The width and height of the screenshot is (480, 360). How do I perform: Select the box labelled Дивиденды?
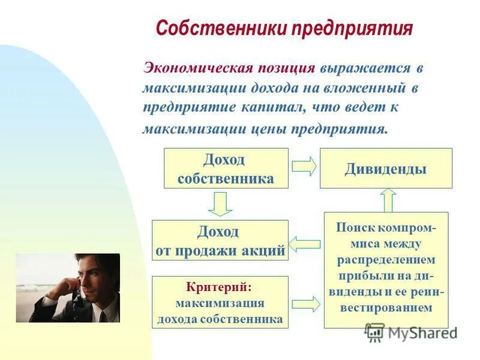pyautogui.click(x=386, y=169)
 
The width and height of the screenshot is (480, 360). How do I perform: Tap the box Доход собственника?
pyautogui.click(x=226, y=169)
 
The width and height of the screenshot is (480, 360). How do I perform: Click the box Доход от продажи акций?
pyautogui.click(x=220, y=241)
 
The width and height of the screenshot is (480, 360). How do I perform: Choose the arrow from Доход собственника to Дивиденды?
pyautogui.click(x=304, y=167)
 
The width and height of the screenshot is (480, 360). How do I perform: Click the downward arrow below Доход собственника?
pyautogui.click(x=221, y=204)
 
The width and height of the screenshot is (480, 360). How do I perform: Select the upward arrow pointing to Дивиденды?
pyautogui.click(x=388, y=200)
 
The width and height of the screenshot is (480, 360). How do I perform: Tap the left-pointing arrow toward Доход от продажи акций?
pyautogui.click(x=305, y=244)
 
